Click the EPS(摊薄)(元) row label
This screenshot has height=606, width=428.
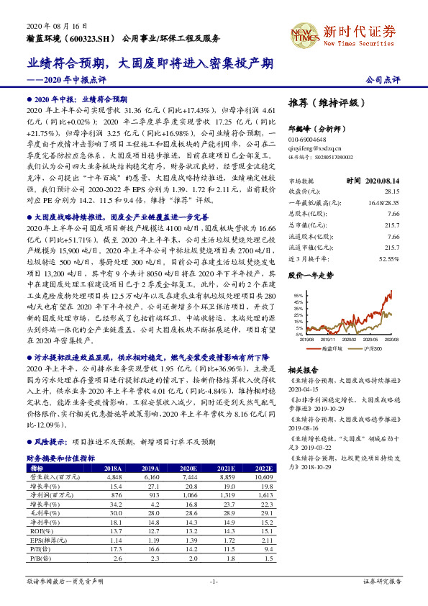45,539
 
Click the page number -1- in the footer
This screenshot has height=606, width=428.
214,581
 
